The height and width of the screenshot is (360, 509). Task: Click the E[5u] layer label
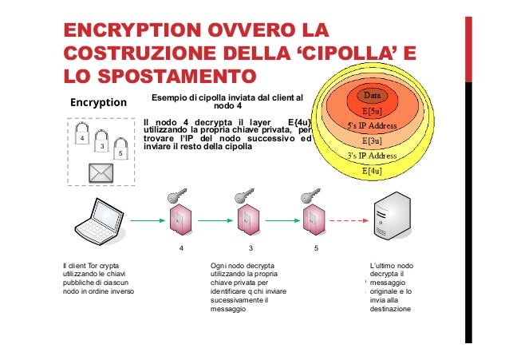(x=371, y=112)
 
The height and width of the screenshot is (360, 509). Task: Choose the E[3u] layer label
(x=371, y=141)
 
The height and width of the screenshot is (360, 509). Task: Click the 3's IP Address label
(x=371, y=156)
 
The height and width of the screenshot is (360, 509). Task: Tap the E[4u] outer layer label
(x=371, y=171)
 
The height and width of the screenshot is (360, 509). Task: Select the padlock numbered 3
(x=101, y=144)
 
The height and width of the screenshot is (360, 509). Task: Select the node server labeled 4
(x=180, y=221)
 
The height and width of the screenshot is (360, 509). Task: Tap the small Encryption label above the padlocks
(x=99, y=102)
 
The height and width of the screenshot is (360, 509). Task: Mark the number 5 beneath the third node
(x=316, y=248)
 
